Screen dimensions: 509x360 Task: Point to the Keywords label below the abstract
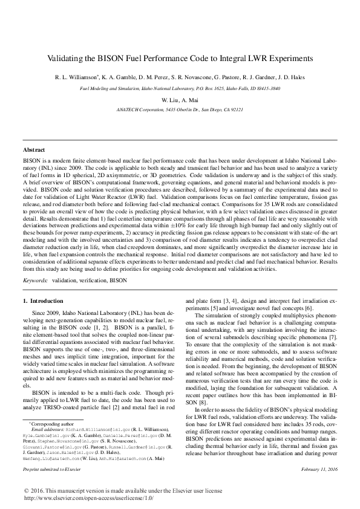point(35,280)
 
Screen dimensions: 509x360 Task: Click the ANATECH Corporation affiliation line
point(179,110)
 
